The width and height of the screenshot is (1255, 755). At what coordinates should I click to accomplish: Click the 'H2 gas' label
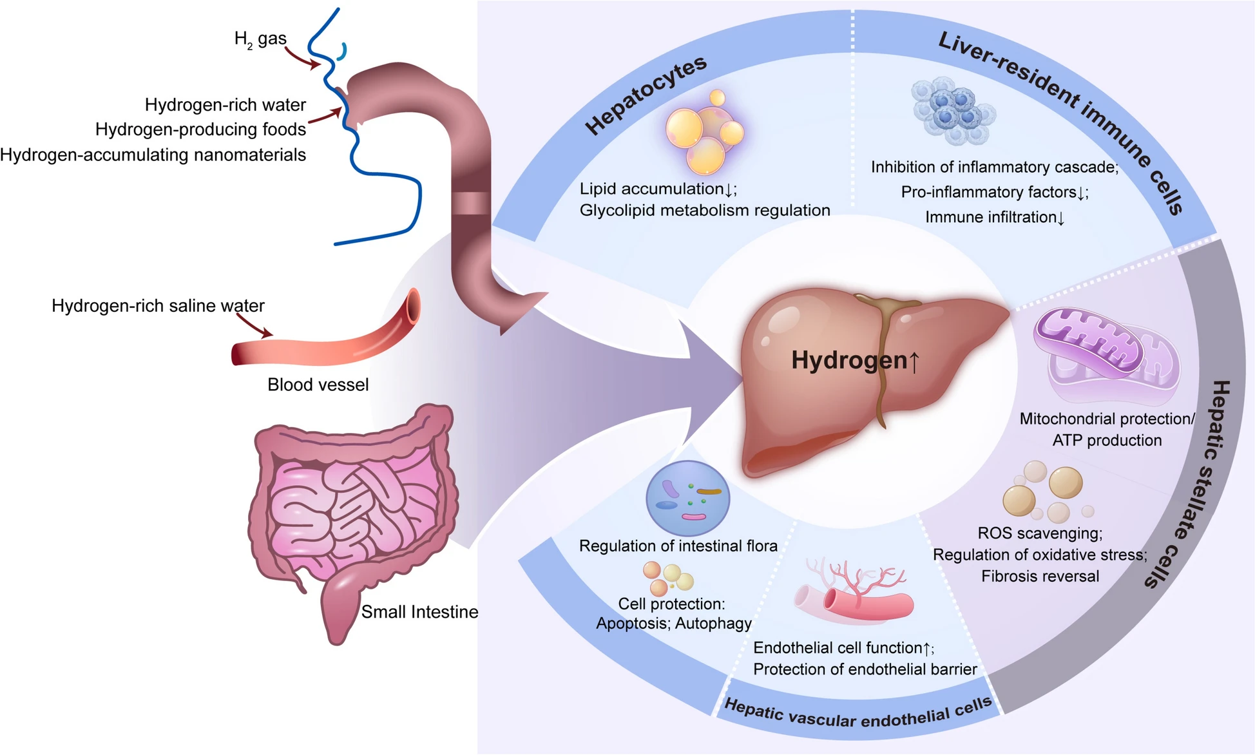coord(260,40)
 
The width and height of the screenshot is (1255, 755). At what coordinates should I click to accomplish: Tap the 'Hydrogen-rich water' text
coord(225,105)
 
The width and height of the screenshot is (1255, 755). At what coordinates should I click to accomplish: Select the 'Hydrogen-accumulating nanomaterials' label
coord(153,155)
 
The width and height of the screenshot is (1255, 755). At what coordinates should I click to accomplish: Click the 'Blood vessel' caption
coord(318,385)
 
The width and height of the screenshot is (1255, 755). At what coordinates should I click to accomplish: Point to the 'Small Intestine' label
coord(419,612)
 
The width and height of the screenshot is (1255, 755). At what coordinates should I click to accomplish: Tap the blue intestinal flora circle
coord(687,498)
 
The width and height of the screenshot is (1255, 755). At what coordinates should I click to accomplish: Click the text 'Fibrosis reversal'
coord(1040,577)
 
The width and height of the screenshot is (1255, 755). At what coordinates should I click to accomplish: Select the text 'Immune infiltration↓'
coord(995,218)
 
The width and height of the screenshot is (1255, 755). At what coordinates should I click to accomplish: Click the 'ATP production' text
coord(1107,441)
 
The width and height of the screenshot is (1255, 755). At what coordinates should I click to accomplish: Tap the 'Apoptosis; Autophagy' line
coord(674,624)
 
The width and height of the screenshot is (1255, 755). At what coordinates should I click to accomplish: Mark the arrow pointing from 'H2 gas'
coord(303,57)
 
